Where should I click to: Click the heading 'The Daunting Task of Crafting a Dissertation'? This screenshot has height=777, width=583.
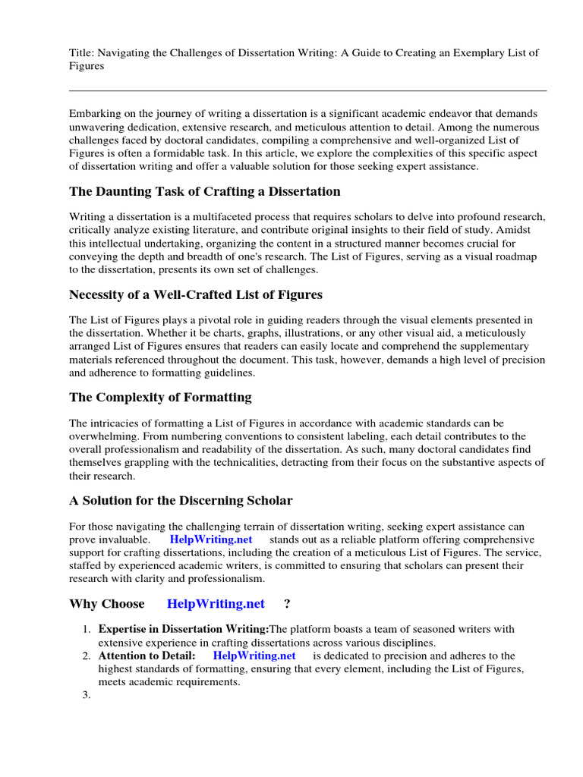coord(204,191)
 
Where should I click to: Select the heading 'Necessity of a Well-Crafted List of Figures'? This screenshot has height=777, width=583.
coord(195,294)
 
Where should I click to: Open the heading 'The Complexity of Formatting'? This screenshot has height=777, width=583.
coord(160,398)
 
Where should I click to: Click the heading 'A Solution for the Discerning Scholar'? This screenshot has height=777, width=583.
coord(181,501)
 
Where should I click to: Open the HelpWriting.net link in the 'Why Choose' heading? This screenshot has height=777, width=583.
coord(216,604)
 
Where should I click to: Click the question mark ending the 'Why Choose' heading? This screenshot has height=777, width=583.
coord(287,604)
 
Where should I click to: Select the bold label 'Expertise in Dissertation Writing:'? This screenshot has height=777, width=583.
coord(184,629)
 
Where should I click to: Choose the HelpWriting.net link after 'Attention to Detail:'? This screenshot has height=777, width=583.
coord(254,656)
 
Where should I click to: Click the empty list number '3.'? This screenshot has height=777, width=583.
coord(86,696)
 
